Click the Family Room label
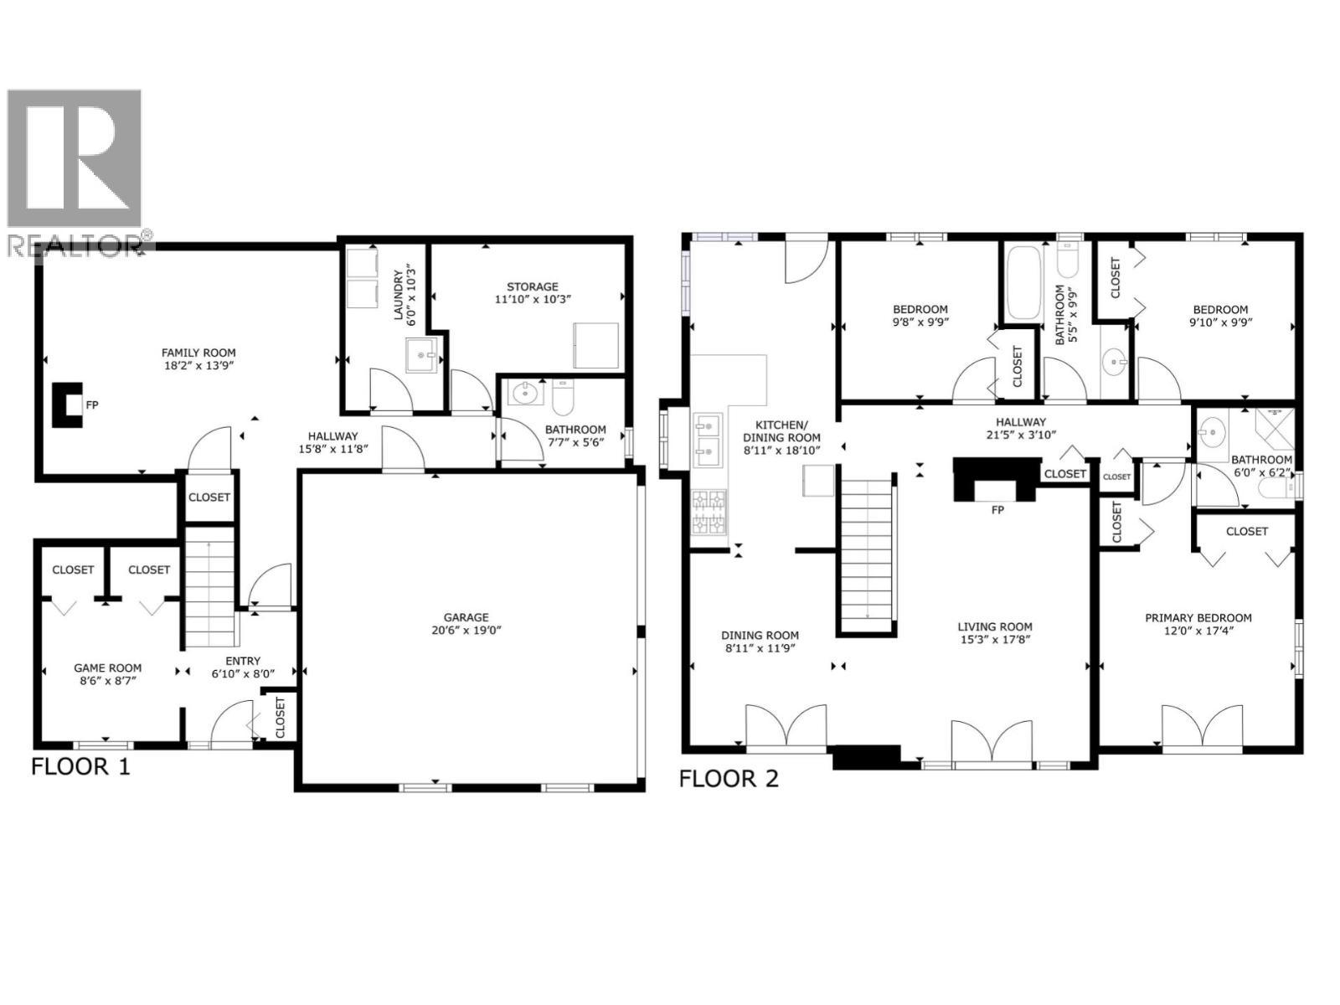click(x=198, y=353)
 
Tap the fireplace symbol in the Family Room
click(x=68, y=405)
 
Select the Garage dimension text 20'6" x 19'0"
click(x=466, y=630)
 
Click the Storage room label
click(x=532, y=286)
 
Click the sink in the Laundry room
click(x=421, y=356)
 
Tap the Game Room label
click(x=107, y=667)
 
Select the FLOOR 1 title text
click(x=81, y=766)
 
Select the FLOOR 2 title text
click(x=729, y=779)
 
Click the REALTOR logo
click(x=75, y=167)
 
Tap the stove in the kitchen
click(x=709, y=513)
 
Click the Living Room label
click(x=995, y=626)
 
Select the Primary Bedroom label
click(x=1198, y=618)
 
